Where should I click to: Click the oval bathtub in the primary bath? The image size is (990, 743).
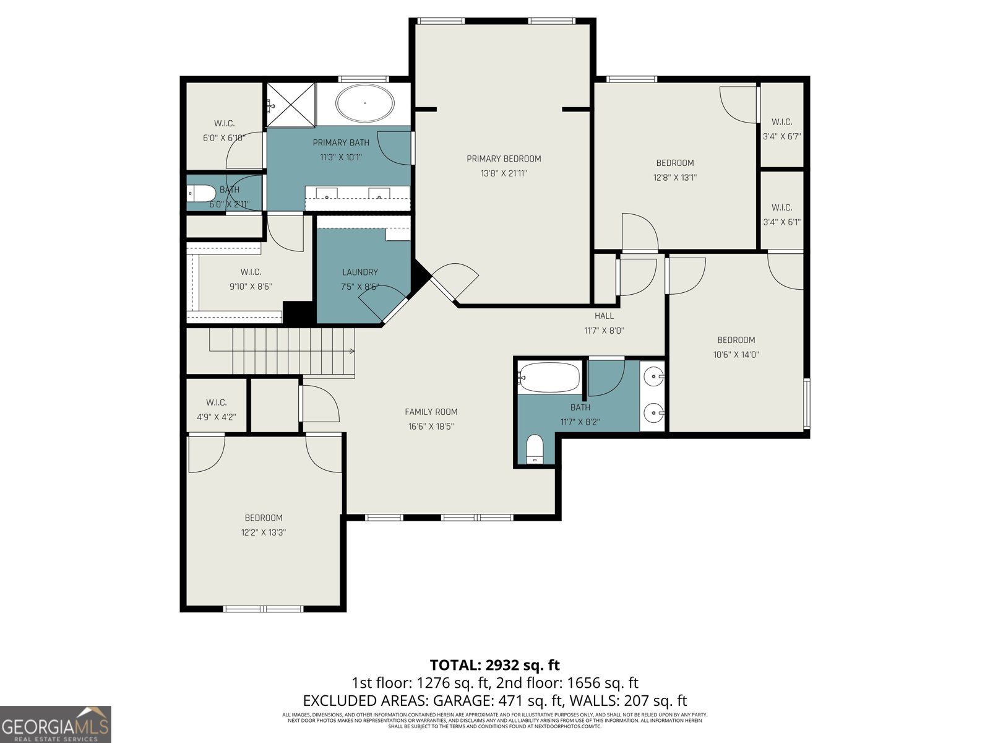click(x=365, y=103)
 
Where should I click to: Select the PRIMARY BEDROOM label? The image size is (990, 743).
click(x=504, y=159)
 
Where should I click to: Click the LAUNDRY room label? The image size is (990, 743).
click(x=360, y=272)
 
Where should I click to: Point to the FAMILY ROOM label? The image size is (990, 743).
click(x=431, y=412)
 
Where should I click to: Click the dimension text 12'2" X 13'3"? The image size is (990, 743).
click(x=264, y=532)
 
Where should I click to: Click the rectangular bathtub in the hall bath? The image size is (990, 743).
click(x=549, y=377)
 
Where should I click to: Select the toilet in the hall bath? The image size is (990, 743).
click(x=534, y=449)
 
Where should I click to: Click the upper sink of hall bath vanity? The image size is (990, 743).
click(x=653, y=376)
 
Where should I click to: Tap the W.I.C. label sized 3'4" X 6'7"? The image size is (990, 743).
click(x=782, y=122)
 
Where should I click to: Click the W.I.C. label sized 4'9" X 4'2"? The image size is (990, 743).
click(x=217, y=402)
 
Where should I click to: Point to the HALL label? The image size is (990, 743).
click(x=604, y=316)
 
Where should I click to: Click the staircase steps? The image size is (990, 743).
click(x=282, y=351)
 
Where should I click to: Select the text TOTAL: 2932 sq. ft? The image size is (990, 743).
click(x=495, y=665)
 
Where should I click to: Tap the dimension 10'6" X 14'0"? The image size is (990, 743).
click(x=736, y=355)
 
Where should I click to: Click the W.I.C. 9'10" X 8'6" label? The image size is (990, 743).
click(x=251, y=272)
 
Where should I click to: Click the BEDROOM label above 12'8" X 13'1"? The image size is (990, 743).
click(x=675, y=163)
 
